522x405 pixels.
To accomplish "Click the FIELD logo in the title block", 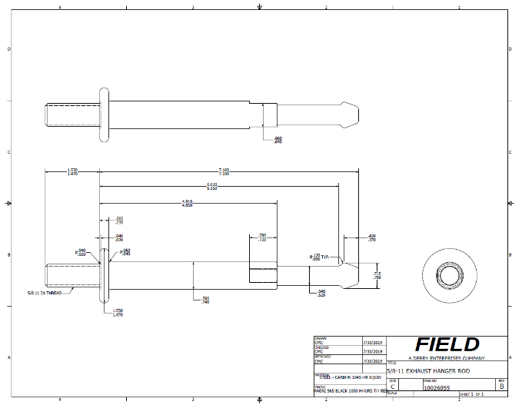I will click(x=447, y=345).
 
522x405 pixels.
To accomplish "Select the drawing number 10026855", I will click(x=438, y=388).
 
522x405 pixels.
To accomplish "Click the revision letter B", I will click(x=501, y=387).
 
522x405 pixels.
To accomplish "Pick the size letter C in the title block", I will click(x=393, y=387).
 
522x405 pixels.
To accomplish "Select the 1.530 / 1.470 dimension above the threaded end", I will click(x=72, y=172).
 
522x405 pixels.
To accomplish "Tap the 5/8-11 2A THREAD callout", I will click(x=45, y=293).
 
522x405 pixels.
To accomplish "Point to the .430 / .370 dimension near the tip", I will click(x=371, y=238).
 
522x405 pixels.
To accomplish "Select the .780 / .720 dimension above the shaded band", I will click(x=262, y=238).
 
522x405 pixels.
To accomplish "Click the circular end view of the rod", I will click(x=446, y=272).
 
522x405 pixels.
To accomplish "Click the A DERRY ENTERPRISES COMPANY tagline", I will click(x=447, y=358).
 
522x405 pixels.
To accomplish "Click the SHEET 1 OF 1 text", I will click(x=471, y=395).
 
